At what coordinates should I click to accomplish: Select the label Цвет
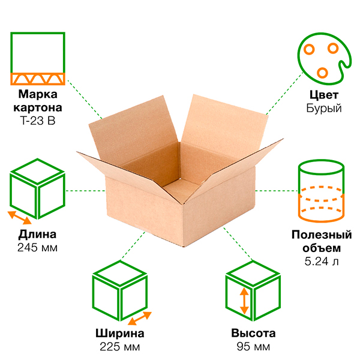pos(323,95)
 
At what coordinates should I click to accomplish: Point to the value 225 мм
pos(119,347)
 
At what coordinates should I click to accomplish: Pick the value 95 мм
pos(253,347)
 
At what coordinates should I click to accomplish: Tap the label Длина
pos(38,234)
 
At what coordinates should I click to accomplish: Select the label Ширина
pos(119,334)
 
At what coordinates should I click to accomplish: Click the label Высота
pos(253,334)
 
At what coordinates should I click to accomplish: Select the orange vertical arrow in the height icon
pos(244,302)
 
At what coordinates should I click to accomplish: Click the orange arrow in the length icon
pos(19,217)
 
